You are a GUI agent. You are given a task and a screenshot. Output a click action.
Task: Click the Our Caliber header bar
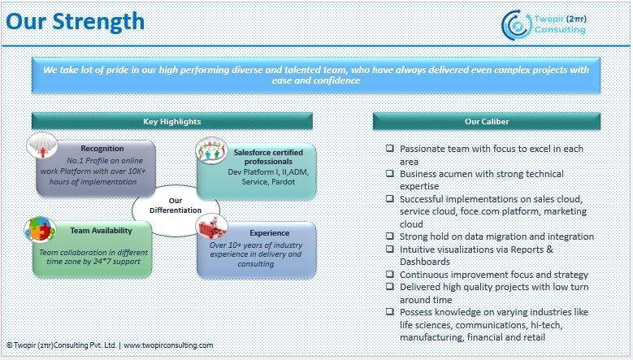click(487, 122)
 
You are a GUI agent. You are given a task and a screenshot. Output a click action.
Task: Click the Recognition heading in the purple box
click(102, 149)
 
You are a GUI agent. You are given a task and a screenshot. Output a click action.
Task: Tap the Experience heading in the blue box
click(269, 232)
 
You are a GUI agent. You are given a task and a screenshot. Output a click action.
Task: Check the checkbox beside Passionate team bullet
click(390, 149)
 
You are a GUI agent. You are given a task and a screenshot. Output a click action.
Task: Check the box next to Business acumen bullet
click(390, 174)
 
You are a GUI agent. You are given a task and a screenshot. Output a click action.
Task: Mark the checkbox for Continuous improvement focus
click(390, 274)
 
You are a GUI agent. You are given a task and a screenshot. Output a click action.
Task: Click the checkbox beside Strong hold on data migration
click(390, 236)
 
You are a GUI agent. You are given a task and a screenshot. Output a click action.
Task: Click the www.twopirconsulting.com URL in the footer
click(169, 345)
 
